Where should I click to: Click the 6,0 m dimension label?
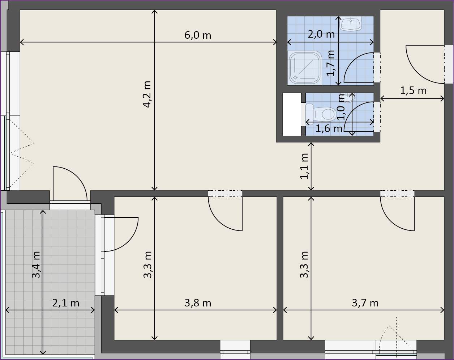click(198, 35)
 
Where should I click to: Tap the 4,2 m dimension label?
click(147, 94)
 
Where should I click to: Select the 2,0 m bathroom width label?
click(321, 34)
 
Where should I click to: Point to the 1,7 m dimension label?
click(331, 63)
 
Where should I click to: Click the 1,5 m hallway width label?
click(413, 91)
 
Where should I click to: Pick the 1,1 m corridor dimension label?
click(304, 166)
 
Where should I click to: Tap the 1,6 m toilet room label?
click(329, 128)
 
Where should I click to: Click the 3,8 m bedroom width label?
click(198, 303)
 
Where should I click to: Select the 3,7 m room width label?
click(365, 303)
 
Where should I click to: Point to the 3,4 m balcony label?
click(36, 264)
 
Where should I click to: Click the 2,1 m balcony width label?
click(66, 303)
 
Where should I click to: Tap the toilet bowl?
click(321, 114)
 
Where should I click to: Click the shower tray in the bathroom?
click(304, 68)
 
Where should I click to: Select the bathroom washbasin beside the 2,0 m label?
click(351, 23)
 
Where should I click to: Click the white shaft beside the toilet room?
click(292, 114)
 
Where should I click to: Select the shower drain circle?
click(295, 77)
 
